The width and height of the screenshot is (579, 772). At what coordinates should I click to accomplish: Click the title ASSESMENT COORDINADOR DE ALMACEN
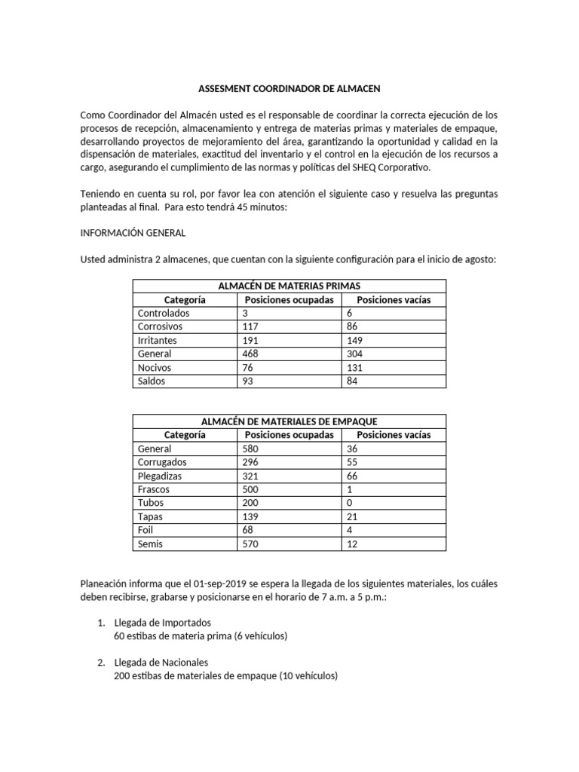click(289, 89)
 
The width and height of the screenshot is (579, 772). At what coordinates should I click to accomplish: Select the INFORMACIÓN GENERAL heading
click(133, 233)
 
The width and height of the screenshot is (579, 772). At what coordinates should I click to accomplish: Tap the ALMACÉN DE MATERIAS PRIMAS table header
click(289, 286)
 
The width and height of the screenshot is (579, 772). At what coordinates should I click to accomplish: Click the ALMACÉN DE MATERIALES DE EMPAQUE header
click(289, 421)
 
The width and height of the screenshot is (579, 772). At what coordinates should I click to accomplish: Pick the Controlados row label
click(163, 313)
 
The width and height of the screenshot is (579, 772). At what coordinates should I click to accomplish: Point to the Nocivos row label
click(155, 367)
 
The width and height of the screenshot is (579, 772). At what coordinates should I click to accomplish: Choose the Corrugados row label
click(162, 462)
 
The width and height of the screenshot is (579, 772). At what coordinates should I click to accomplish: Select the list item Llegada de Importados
click(163, 622)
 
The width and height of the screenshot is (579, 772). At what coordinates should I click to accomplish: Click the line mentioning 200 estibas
click(225, 676)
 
